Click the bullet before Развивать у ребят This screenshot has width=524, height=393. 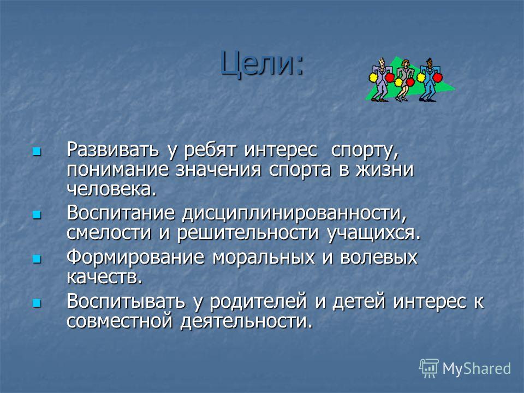click(37, 152)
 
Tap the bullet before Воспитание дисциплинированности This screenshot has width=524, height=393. click(37, 215)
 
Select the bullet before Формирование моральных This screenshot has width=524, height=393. click(37, 259)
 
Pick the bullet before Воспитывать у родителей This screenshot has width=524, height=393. click(37, 303)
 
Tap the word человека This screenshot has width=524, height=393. click(111, 189)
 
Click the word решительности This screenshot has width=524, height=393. click(248, 233)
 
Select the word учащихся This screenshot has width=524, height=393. click(373, 233)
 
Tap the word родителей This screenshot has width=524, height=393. click(258, 301)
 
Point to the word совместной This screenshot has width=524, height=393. click(120, 321)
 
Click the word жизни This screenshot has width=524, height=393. click(385, 170)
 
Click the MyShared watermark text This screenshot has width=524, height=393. click(477, 368)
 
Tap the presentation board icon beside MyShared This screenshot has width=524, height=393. click(429, 368)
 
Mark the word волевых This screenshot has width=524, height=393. click(379, 257)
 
